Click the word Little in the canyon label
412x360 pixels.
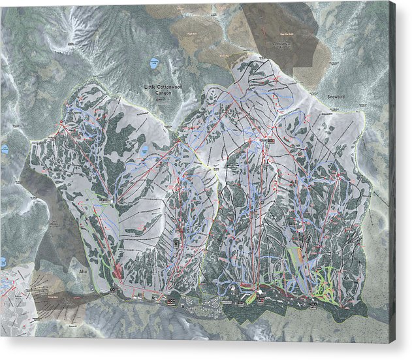pyautogui.click(x=150, y=86)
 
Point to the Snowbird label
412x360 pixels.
pyautogui.click(x=336, y=96)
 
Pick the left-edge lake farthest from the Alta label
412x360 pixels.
pyautogui.click(x=4, y=149)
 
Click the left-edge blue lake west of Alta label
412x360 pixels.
pyautogui.click(x=3, y=262)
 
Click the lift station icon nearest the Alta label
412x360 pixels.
pyautogui.click(x=113, y=288)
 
